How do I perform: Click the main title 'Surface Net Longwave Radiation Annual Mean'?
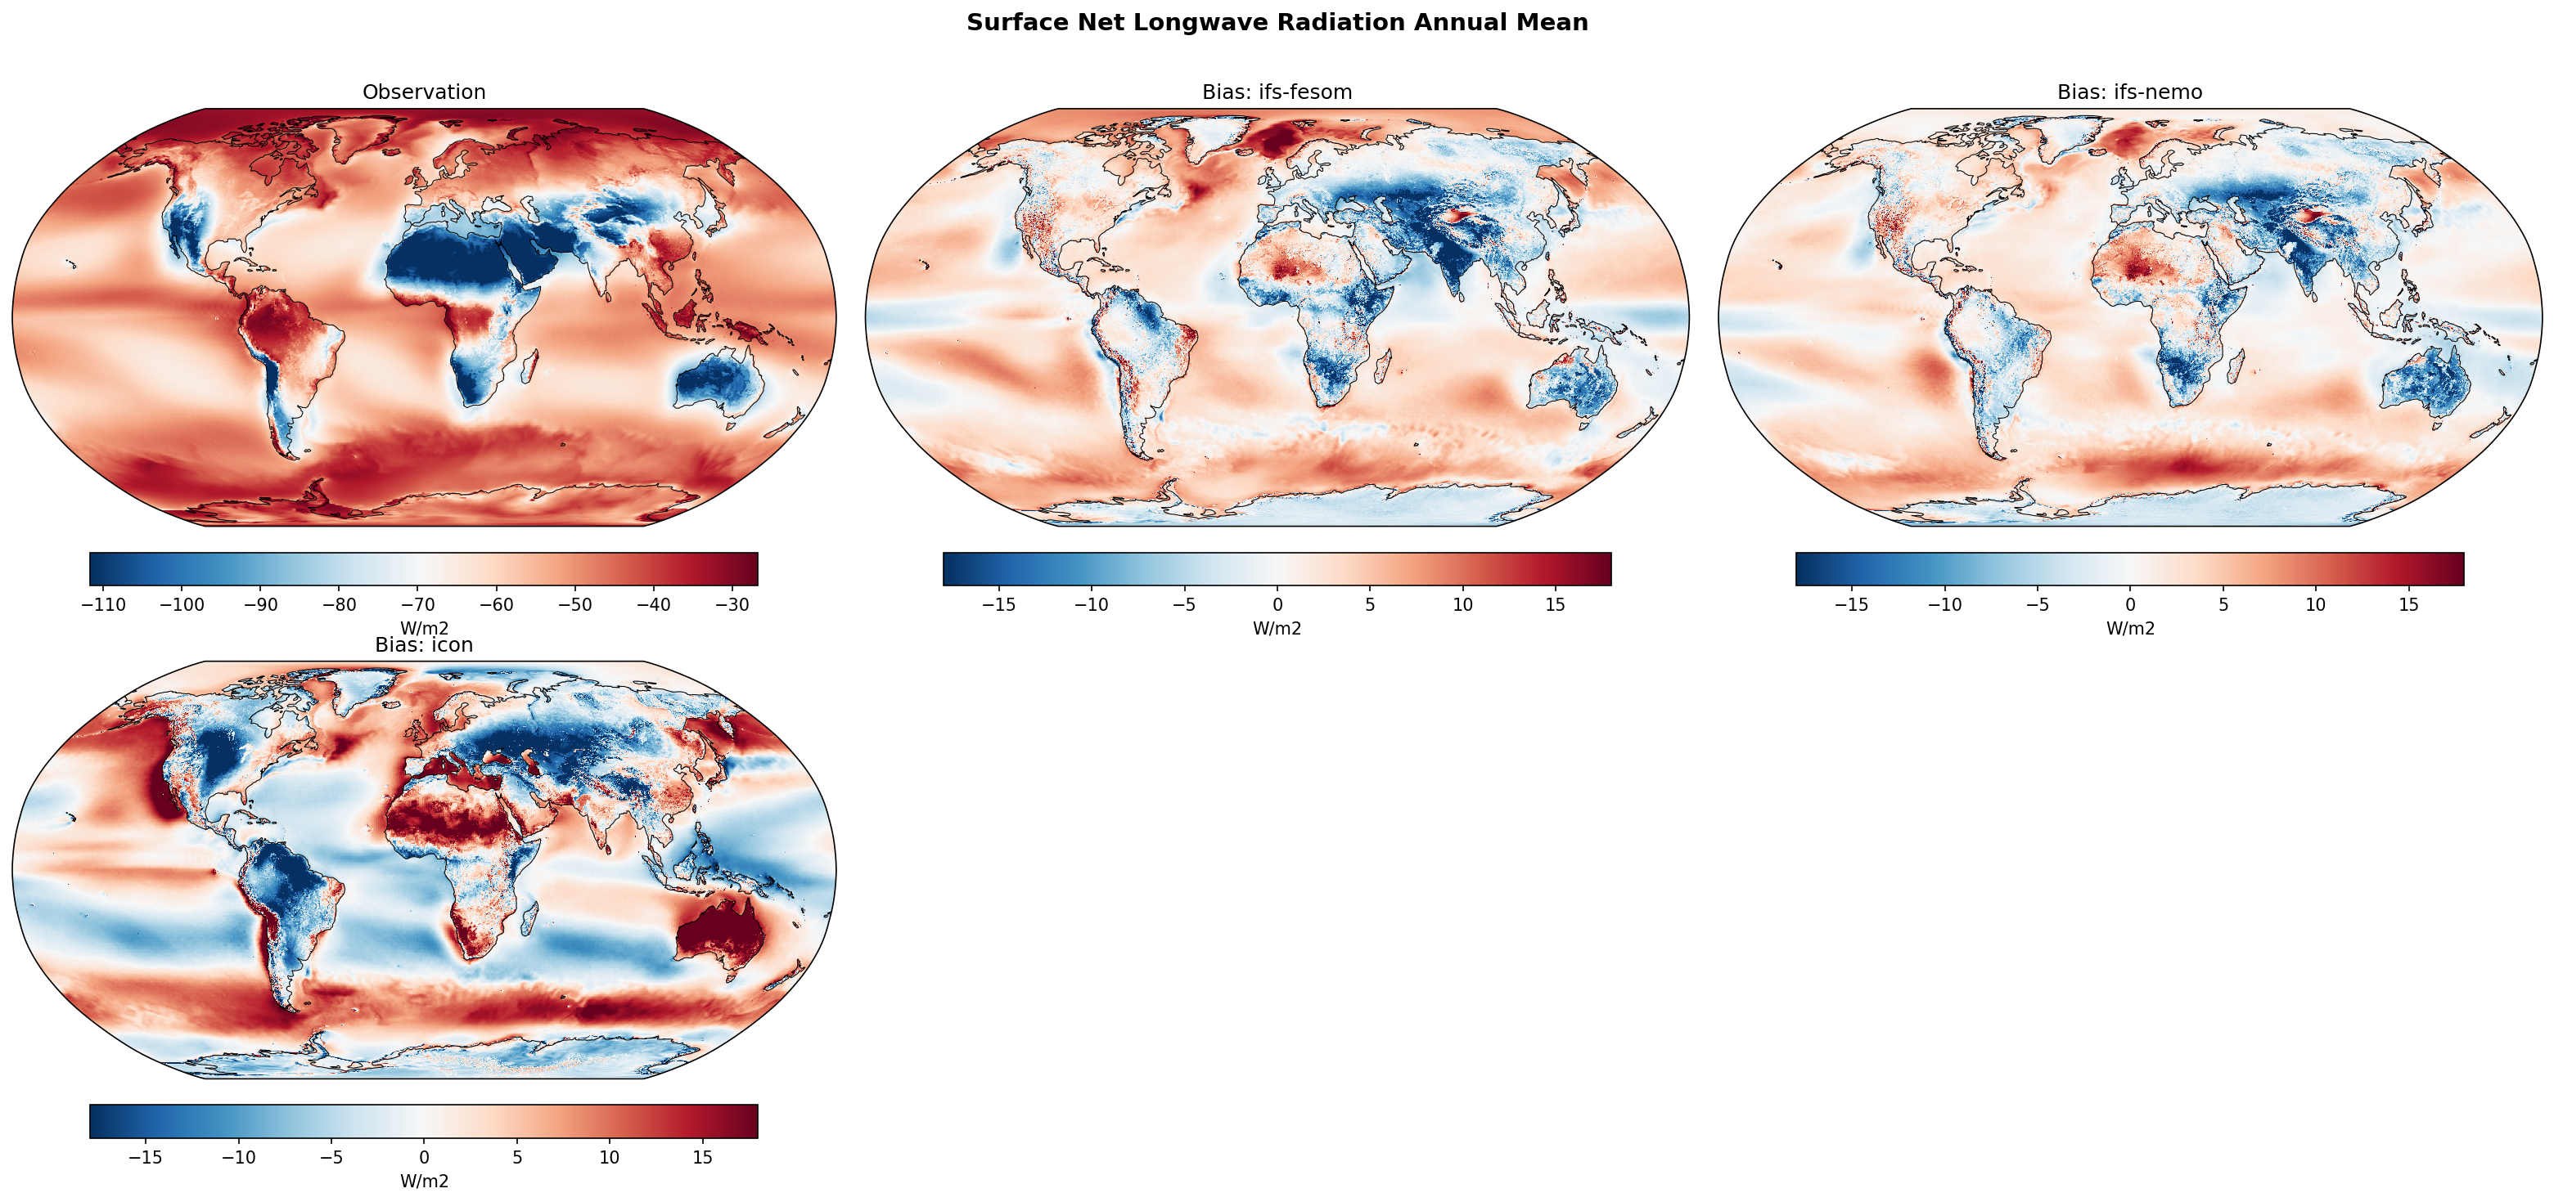pos(1277,23)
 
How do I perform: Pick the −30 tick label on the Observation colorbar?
pos(732,604)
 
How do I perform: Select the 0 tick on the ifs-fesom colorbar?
pos(1277,604)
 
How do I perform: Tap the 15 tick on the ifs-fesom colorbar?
pos(1555,604)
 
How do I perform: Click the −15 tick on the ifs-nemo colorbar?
pos(1851,604)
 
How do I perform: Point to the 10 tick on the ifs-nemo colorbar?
pos(2315,604)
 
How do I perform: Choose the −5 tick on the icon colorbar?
pos(331,1157)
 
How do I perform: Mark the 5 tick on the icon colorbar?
pos(516,1157)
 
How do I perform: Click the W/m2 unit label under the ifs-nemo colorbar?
pos(2129,628)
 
